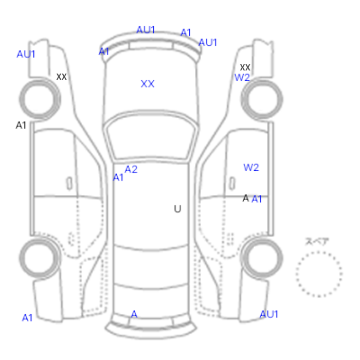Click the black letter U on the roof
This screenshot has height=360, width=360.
pyautogui.click(x=177, y=209)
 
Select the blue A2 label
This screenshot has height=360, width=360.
pyautogui.click(x=131, y=169)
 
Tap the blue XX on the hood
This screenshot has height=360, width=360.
pyautogui.click(x=148, y=84)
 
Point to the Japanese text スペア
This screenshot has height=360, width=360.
pyautogui.click(x=317, y=241)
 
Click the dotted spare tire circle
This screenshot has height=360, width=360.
pyautogui.click(x=319, y=252)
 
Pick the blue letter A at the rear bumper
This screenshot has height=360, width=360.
pyautogui.click(x=134, y=314)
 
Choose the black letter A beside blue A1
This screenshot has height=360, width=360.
pyautogui.click(x=246, y=198)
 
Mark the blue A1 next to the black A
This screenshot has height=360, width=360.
pyautogui.click(x=257, y=199)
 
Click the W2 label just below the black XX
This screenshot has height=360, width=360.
pyautogui.click(x=242, y=78)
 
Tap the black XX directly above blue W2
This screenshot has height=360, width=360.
pyautogui.click(x=245, y=67)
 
